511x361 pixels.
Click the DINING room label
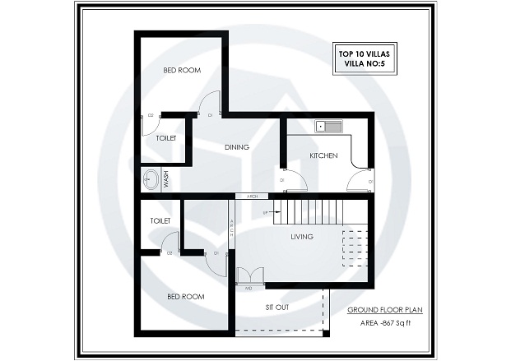point(237,148)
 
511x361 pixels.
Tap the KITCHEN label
point(323,155)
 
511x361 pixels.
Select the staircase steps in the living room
point(309,212)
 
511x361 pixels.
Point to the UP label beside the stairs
point(265,213)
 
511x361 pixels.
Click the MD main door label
point(248,289)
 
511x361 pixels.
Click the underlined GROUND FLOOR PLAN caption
point(384,309)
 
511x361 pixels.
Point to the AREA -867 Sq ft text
point(383,324)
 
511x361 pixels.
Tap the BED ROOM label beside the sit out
point(185,296)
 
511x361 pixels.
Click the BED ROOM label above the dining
point(182,71)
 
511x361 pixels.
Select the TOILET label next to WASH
point(166,138)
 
